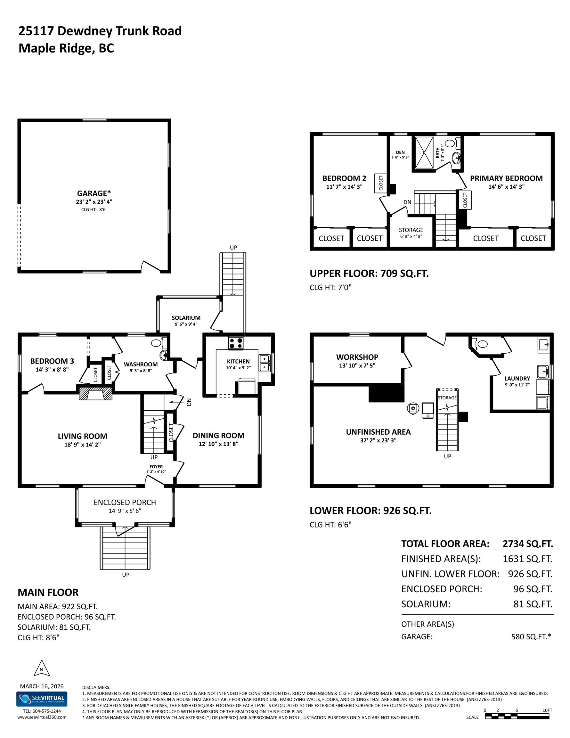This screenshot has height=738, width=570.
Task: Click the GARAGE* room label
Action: pyautogui.click(x=94, y=193)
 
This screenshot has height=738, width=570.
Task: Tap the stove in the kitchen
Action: pyautogui.click(x=236, y=343)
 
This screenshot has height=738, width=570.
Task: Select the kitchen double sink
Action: pyautogui.click(x=264, y=363)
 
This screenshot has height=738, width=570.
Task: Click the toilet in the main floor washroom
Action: pyautogui.click(x=159, y=343)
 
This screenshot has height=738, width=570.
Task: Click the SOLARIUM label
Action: pyautogui.click(x=186, y=318)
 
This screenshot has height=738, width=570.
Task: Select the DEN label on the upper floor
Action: pyautogui.click(x=400, y=152)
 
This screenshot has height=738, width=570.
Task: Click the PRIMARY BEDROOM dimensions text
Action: pyautogui.click(x=506, y=186)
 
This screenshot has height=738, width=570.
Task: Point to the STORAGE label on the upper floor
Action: pyautogui.click(x=411, y=230)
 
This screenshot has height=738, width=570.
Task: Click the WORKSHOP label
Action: pyautogui.click(x=357, y=357)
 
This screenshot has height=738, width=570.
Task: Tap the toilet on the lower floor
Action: pyautogui.click(x=480, y=344)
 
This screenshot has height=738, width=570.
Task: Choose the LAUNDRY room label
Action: pyautogui.click(x=517, y=379)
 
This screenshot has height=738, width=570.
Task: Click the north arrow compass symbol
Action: pyautogui.click(x=42, y=669)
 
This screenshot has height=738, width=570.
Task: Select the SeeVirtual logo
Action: pyautogui.click(x=42, y=699)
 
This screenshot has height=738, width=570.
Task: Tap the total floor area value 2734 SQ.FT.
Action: pyautogui.click(x=528, y=544)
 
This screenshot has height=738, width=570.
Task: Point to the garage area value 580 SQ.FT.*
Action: pyautogui.click(x=531, y=637)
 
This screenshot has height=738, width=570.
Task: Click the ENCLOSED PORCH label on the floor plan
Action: pyautogui.click(x=125, y=503)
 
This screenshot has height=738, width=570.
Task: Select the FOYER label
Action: pyautogui.click(x=156, y=467)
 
